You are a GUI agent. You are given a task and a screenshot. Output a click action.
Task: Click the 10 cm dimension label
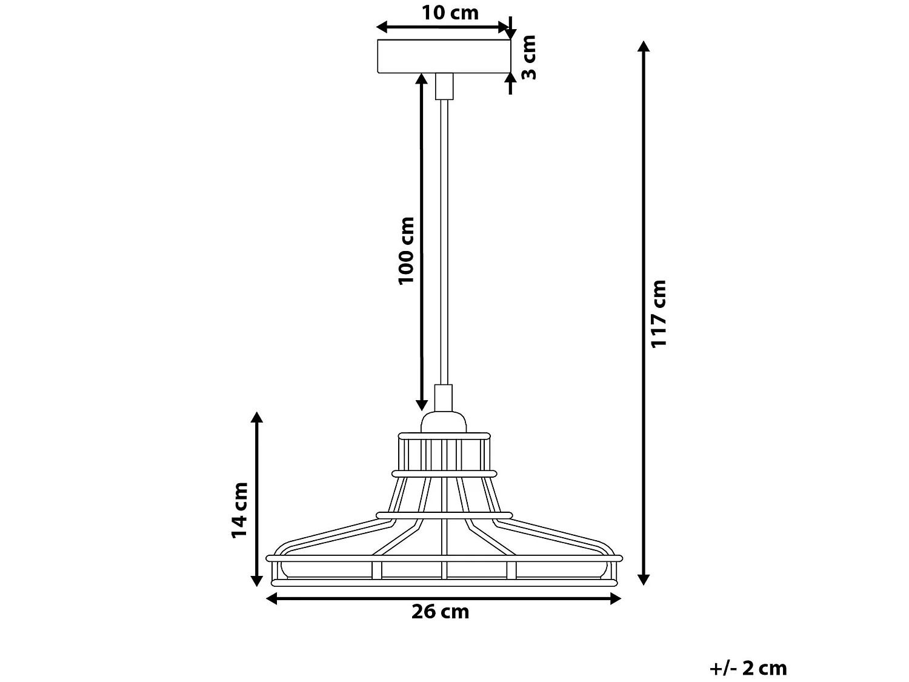pyautogui.click(x=450, y=13)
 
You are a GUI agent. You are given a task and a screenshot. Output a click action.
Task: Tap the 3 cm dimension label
pyautogui.click(x=528, y=58)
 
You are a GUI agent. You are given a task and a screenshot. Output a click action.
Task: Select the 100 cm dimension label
pyautogui.click(x=406, y=251)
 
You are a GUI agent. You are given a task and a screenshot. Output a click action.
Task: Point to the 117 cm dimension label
pyautogui.click(x=659, y=314)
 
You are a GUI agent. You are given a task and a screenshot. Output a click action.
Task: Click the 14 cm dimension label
pyautogui.click(x=239, y=510)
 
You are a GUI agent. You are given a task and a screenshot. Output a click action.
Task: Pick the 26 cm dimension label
pyautogui.click(x=440, y=612)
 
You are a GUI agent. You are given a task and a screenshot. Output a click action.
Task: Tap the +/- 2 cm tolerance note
pyautogui.click(x=748, y=668)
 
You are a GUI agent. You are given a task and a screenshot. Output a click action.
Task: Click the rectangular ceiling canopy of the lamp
pyautogui.click(x=444, y=56)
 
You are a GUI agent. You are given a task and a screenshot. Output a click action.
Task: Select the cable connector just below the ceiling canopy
pyautogui.click(x=444, y=87)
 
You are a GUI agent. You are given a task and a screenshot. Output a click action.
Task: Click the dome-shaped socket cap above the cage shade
pyautogui.click(x=444, y=422)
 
